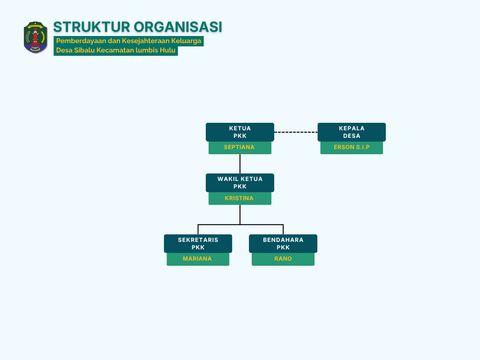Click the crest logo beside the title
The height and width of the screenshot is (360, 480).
point(36,37)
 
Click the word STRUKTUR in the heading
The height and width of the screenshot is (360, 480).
point(91,27)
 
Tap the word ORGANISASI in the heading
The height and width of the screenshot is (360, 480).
point(178,27)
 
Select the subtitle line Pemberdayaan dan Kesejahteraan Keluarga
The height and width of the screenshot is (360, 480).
point(128,41)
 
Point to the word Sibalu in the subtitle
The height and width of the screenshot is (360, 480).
point(84,50)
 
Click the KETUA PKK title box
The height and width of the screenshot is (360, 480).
point(240,132)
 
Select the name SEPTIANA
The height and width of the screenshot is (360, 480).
point(239,147)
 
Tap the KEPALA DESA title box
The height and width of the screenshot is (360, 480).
point(352,132)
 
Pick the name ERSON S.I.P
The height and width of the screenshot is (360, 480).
point(352,147)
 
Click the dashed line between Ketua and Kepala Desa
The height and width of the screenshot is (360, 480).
point(296,132)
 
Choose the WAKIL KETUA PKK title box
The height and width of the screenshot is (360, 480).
point(240,183)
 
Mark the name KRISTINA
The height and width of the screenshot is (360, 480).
point(239,198)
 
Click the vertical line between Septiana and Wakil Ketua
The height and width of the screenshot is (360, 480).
point(240,164)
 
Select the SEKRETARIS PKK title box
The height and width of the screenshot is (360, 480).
point(198,244)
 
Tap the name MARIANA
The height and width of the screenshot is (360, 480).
point(197,259)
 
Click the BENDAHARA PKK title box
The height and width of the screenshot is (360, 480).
point(283,244)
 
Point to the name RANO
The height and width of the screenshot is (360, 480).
point(283,259)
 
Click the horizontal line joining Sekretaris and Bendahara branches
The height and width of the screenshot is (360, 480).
point(240,225)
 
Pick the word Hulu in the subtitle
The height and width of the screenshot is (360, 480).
point(169,50)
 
